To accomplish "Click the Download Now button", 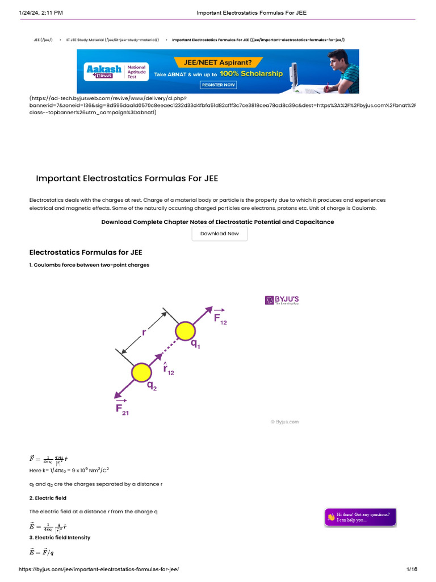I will [220, 234].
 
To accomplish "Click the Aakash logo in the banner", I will [103, 70].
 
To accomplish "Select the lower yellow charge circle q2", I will [141, 373].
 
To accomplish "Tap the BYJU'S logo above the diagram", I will [282, 300].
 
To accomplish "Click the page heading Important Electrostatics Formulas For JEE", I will [127, 178].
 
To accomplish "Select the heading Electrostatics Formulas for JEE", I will [86, 252].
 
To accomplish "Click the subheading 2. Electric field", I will [48, 498].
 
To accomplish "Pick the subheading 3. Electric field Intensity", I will [60, 537].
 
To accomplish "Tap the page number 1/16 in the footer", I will [412, 569].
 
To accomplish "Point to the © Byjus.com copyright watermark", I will [284, 422].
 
